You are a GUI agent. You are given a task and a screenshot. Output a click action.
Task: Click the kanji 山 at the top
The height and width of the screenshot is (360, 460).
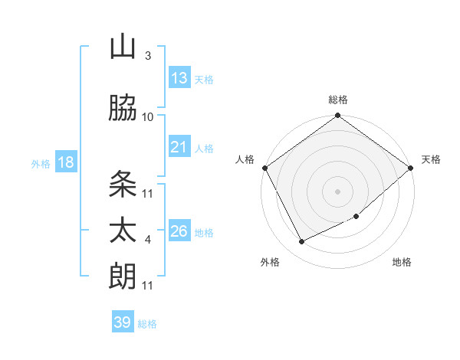click(123, 47)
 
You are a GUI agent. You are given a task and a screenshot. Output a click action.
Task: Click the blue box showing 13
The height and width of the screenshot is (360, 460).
click(179, 78)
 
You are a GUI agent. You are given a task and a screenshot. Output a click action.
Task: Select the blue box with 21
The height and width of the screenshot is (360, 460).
click(179, 147)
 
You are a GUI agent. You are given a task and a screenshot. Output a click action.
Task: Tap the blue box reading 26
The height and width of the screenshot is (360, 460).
click(179, 231)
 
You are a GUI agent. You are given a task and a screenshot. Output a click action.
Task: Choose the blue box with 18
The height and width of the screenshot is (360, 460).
click(65, 162)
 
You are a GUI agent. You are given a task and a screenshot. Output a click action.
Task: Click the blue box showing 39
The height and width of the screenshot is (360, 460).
click(123, 322)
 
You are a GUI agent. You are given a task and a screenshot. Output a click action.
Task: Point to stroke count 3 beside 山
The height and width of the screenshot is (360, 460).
click(148, 56)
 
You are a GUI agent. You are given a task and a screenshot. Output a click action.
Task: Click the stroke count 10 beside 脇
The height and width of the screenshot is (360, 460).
click(148, 116)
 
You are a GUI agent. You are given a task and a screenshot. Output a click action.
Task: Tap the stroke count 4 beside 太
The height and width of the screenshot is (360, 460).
click(148, 240)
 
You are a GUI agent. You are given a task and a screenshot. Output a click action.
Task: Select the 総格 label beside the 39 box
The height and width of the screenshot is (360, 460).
click(147, 324)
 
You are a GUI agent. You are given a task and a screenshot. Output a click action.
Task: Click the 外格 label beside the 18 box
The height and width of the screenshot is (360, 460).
click(41, 163)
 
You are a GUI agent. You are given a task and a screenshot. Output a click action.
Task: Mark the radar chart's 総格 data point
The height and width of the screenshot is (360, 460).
click(337, 116)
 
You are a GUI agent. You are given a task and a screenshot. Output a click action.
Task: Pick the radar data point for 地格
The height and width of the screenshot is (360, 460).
click(356, 216)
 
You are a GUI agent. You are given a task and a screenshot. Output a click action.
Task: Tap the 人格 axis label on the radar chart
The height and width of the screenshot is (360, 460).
click(246, 159)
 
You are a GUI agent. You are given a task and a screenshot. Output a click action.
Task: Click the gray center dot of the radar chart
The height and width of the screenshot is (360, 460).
click(337, 191)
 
